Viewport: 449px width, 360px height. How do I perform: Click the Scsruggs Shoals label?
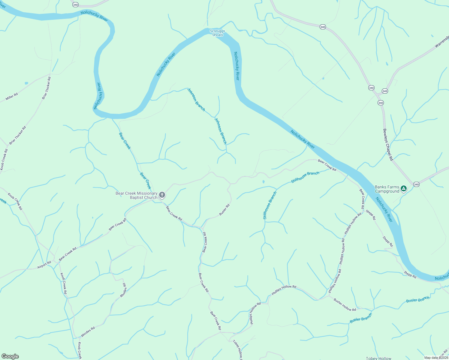click(x=217, y=33)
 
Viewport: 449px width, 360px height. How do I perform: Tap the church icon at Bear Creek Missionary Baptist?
click(x=162, y=196)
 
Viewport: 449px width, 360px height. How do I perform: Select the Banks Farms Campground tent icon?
click(x=404, y=189)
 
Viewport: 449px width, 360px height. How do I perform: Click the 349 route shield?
click(x=385, y=91)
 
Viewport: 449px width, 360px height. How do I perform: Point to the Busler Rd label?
click(x=224, y=209)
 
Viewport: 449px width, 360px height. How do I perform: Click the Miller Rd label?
click(x=12, y=97)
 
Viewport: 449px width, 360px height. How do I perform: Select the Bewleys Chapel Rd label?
click(x=388, y=145)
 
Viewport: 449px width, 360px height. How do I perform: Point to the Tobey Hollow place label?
click(x=378, y=358)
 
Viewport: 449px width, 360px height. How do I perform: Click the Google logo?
click(x=10, y=356)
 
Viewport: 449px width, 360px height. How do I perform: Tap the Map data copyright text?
click(x=436, y=358)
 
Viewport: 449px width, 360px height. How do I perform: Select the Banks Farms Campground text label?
click(x=387, y=189)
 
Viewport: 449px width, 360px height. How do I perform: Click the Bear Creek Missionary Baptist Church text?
click(x=137, y=195)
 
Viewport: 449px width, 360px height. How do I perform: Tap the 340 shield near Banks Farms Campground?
click(x=416, y=184)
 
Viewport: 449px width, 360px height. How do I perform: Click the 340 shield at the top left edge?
click(x=76, y=5)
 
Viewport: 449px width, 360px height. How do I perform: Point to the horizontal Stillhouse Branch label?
click(x=305, y=177)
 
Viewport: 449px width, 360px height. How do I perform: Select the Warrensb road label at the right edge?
click(x=441, y=42)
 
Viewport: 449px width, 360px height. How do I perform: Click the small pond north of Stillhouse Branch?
click(x=263, y=181)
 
